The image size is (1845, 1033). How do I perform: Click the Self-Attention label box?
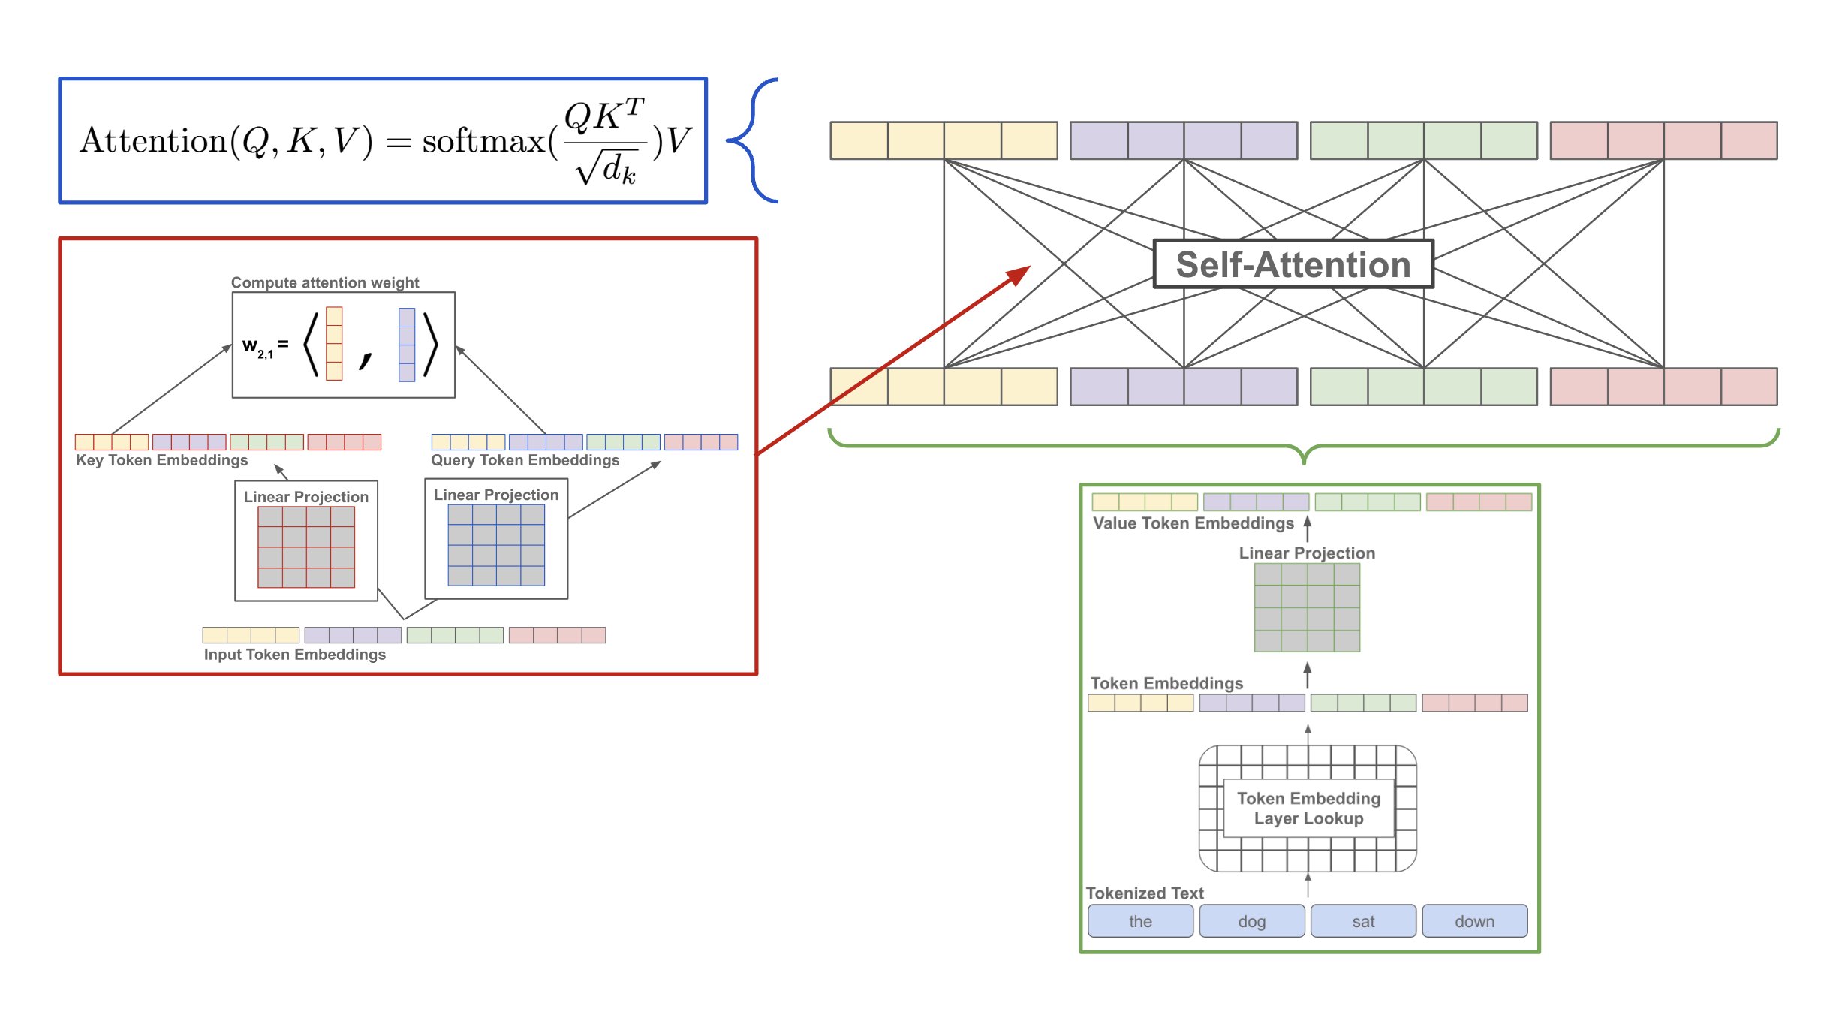click(x=1293, y=264)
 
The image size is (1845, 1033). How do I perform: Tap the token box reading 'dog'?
click(x=1251, y=921)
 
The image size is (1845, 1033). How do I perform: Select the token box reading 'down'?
click(x=1474, y=921)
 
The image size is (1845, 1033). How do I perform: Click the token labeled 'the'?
click(x=1140, y=921)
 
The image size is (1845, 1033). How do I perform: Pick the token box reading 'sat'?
click(x=1363, y=921)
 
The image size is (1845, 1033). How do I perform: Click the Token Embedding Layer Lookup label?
click(x=1308, y=809)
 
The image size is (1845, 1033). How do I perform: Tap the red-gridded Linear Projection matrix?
click(x=306, y=547)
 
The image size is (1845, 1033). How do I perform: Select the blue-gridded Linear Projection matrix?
click(x=496, y=545)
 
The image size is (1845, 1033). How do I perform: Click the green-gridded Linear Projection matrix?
click(x=1307, y=607)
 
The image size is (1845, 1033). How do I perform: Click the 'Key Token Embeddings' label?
click(x=161, y=460)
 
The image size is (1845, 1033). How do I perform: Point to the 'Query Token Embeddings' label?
click(x=525, y=460)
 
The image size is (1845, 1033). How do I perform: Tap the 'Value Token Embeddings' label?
click(x=1193, y=523)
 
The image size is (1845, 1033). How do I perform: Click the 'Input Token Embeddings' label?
click(x=294, y=655)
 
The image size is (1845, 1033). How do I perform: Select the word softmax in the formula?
click(x=483, y=141)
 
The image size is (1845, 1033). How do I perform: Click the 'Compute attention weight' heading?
click(x=324, y=282)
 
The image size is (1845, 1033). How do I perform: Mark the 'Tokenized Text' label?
click(x=1144, y=893)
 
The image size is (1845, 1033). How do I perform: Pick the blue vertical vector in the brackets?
click(x=407, y=345)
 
